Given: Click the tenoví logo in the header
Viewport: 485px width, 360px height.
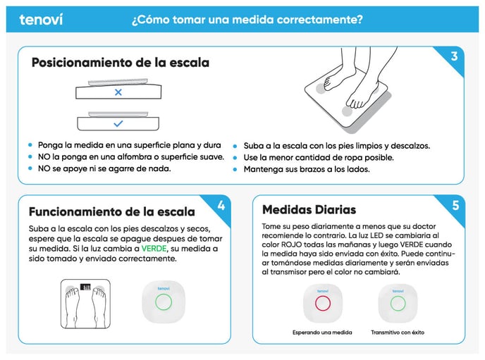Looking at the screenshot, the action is coord(41,20).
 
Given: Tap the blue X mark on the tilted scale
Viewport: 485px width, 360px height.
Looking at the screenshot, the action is coord(118,92).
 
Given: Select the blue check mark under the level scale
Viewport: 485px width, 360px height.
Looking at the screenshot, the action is coord(118,124).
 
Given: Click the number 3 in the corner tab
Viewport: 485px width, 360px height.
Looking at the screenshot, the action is coord(454,56).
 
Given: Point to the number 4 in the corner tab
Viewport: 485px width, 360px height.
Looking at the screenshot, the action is coord(221,206).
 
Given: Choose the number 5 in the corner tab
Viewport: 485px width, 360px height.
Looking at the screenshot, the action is coord(455,206).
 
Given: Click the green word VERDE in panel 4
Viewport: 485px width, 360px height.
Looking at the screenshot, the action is coord(154,249).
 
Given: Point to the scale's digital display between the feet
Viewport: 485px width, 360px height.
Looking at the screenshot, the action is coord(85,287).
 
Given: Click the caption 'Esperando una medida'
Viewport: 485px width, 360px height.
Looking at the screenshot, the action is coord(322,333).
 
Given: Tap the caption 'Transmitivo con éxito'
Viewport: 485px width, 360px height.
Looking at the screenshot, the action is coord(398,333).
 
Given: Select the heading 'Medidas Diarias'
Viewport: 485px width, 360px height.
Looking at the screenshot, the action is coord(309,210).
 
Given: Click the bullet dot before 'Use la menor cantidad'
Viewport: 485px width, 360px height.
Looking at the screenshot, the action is coord(235,158).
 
